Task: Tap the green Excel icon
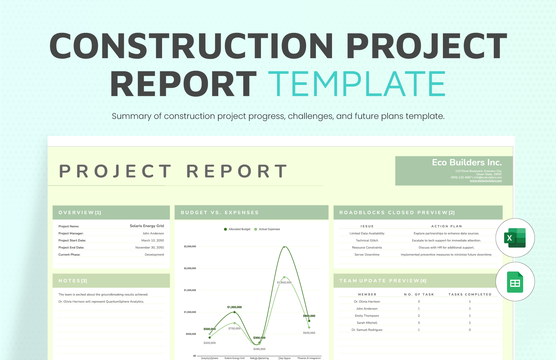point(515,238)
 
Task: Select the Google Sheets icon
point(515,282)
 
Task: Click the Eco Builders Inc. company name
point(467,163)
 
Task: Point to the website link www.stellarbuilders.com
point(486,181)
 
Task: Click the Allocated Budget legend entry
point(237,229)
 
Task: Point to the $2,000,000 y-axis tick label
point(190,268)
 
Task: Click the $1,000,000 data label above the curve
point(234,307)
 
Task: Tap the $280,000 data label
point(259,349)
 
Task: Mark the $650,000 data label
point(309,333)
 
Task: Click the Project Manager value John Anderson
point(153,233)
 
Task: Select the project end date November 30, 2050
point(149,248)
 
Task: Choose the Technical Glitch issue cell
point(367,241)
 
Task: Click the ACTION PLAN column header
point(446,226)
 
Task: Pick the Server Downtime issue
point(367,255)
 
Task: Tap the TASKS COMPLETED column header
point(470,295)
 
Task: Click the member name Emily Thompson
point(367,316)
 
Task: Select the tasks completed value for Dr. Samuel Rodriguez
point(470,330)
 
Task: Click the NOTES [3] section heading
point(73,281)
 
